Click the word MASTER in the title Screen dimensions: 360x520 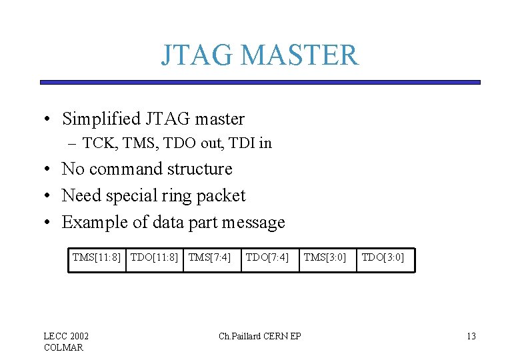[299, 55]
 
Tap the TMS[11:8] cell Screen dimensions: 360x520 [97, 257]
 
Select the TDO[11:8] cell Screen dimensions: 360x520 [155, 257]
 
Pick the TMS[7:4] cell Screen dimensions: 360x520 [209, 257]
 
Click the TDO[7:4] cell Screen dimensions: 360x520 [267, 257]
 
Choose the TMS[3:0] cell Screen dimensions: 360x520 [325, 257]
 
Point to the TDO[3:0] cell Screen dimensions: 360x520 [383, 257]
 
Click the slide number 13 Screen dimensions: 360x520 [471, 336]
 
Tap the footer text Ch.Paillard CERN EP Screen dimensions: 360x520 [260, 336]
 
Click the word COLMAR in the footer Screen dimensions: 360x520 [63, 347]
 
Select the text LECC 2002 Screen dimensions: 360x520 [66, 336]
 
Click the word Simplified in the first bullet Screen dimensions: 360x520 [99, 119]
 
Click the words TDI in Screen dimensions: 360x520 [255, 143]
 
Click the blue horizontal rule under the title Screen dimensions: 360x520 [260, 82]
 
